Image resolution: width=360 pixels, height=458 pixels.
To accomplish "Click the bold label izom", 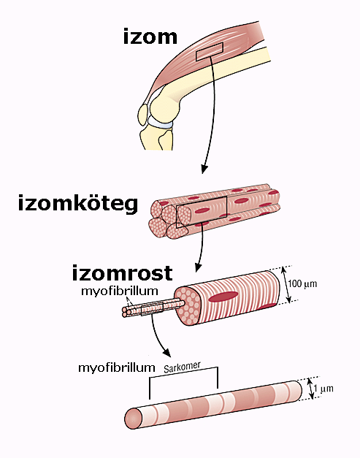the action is [150, 37].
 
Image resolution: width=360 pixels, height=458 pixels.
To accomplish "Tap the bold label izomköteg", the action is [78, 203].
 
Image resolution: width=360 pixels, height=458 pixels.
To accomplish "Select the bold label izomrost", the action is [122, 272].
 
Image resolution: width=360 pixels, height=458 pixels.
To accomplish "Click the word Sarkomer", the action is [182, 367].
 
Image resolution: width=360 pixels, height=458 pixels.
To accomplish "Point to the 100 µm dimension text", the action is [302, 283].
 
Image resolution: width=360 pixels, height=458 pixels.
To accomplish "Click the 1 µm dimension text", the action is [323, 389].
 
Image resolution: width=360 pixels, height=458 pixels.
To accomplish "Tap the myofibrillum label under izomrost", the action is [120, 291].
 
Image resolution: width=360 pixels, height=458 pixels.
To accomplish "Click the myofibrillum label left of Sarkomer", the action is [117, 367].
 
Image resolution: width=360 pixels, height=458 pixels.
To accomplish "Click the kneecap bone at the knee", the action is [143, 115].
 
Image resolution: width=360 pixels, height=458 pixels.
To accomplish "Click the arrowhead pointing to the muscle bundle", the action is [204, 169].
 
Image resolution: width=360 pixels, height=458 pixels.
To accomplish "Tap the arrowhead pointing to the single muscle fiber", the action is [198, 267].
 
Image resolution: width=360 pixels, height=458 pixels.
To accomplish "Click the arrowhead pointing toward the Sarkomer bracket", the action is [166, 353].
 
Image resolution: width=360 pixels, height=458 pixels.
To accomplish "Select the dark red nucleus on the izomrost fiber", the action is [223, 296].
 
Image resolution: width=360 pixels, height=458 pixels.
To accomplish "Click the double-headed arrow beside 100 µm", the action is [286, 284].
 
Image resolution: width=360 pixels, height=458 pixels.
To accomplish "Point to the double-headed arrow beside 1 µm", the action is [310, 389].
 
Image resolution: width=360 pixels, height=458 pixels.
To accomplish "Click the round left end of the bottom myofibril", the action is [133, 419].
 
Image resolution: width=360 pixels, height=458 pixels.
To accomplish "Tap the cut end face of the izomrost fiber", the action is [187, 306].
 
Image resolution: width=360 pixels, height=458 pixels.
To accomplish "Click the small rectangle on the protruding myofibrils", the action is [152, 309].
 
